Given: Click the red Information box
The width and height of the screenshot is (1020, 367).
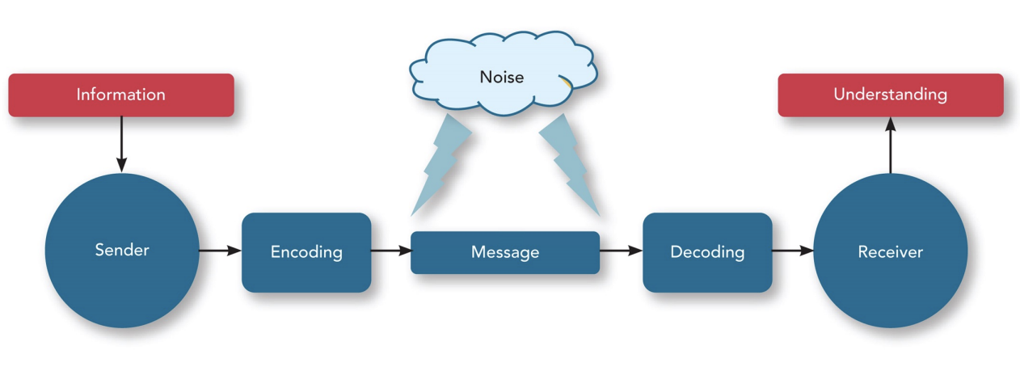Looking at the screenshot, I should (121, 95).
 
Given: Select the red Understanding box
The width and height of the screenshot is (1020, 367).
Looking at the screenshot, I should (890, 95).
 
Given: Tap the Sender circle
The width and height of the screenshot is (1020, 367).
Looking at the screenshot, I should (121, 251).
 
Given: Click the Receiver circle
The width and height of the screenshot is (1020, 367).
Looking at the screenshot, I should (890, 251).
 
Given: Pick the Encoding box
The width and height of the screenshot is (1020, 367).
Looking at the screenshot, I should (306, 252).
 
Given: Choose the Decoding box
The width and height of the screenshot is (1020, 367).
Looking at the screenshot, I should (707, 252).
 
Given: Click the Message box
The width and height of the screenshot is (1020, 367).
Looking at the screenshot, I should (505, 252).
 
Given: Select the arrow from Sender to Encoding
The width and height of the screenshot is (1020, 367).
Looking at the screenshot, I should (220, 251).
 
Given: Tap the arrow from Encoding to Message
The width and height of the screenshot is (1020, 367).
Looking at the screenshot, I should (391, 251).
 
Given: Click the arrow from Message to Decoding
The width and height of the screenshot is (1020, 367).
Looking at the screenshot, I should (621, 251).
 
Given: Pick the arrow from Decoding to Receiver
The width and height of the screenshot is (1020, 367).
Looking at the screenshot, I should (792, 251).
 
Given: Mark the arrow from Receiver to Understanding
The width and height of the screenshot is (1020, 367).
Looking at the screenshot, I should (890, 146).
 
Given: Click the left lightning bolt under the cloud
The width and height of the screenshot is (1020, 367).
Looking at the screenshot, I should (440, 166).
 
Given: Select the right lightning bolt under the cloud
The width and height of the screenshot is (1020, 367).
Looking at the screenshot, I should (570, 166).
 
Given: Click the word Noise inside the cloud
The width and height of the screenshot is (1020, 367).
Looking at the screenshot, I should (502, 78).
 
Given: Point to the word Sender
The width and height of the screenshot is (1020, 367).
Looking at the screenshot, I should (121, 251).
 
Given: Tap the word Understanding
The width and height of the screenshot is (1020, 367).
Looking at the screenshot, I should (890, 95).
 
